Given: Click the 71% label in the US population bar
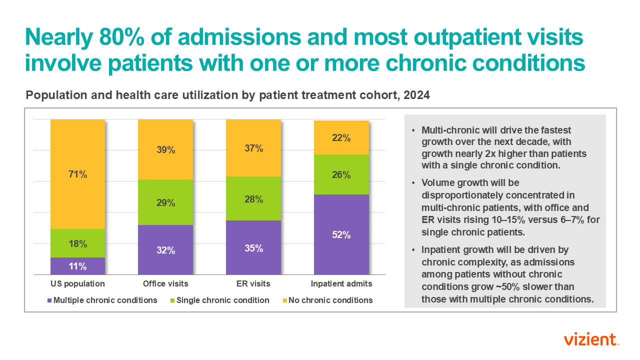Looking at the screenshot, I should pyautogui.click(x=77, y=174).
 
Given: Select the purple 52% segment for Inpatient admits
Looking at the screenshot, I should pyautogui.click(x=341, y=234).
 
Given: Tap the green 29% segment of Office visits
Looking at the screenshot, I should pyautogui.click(x=165, y=202).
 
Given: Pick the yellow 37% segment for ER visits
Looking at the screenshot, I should pyautogui.click(x=253, y=148).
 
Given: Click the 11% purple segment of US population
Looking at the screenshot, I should pyautogui.click(x=77, y=266).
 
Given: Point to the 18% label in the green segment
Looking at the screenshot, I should pyautogui.click(x=77, y=244).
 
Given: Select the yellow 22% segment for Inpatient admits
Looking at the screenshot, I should pyautogui.click(x=341, y=137).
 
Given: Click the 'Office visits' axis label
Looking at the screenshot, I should pyautogui.click(x=165, y=283).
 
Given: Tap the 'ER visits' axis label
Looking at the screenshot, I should pyautogui.click(x=253, y=283).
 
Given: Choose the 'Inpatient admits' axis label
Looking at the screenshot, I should pyautogui.click(x=341, y=283).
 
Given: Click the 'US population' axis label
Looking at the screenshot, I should pyautogui.click(x=77, y=283).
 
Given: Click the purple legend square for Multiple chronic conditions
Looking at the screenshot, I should pyautogui.click(x=49, y=300).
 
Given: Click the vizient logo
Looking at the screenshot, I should pyautogui.click(x=591, y=340).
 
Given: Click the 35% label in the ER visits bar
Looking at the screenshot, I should pyautogui.click(x=253, y=248).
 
